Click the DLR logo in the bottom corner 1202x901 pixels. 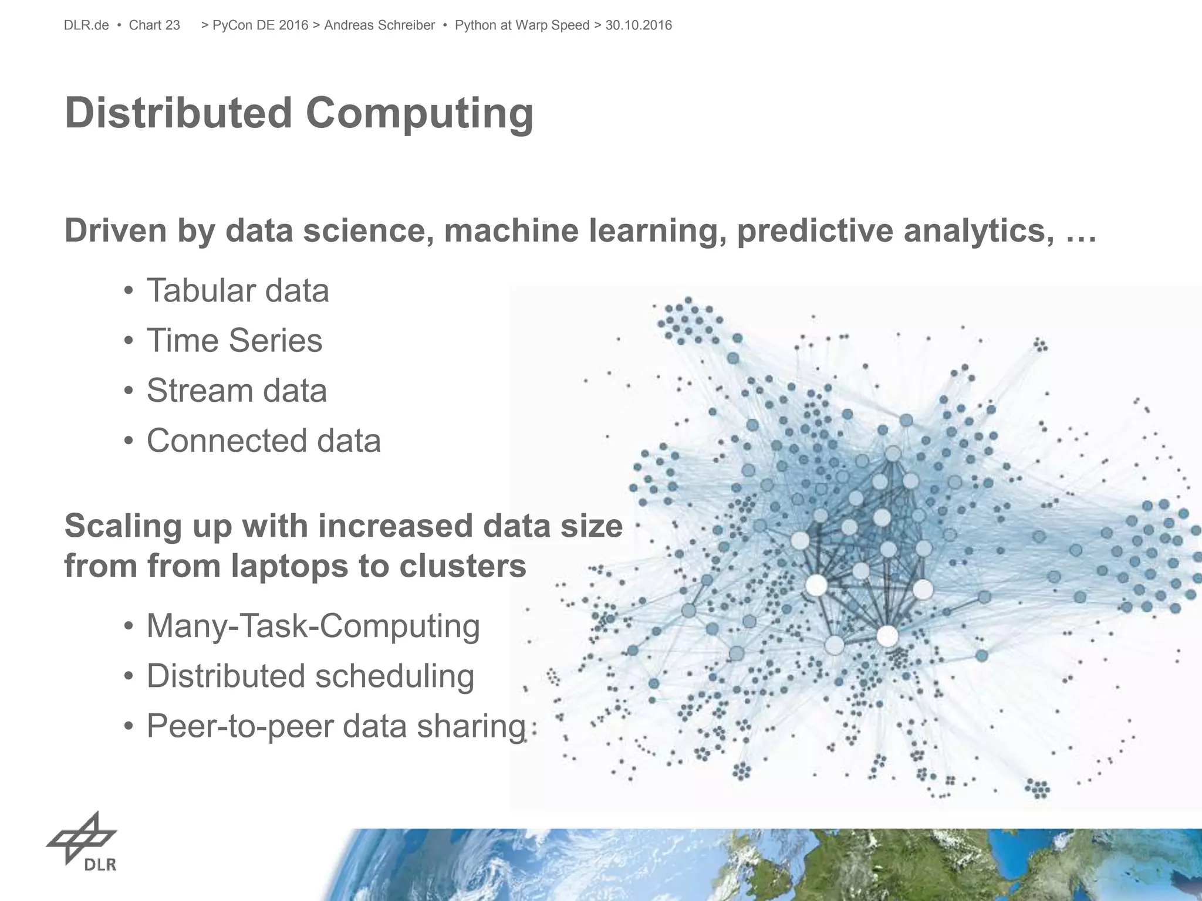pos(83,841)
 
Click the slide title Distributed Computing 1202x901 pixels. pos(299,113)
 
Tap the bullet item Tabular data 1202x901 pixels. pos(237,290)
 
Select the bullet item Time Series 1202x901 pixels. pos(234,340)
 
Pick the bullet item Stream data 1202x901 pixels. pos(237,391)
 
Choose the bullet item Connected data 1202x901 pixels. pos(264,441)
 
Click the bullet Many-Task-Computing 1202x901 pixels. pos(313,626)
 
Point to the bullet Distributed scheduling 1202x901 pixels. pos(310,676)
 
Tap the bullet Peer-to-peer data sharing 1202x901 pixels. pos(336,726)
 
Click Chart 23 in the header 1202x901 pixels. pos(154,25)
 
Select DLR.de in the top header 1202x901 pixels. pos(86,25)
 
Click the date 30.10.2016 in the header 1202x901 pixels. pos(639,25)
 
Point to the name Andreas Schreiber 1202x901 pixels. pos(379,25)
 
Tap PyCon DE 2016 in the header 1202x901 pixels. pos(260,25)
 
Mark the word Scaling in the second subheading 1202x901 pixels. pos(119,526)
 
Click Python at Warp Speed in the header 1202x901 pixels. pos(522,25)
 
